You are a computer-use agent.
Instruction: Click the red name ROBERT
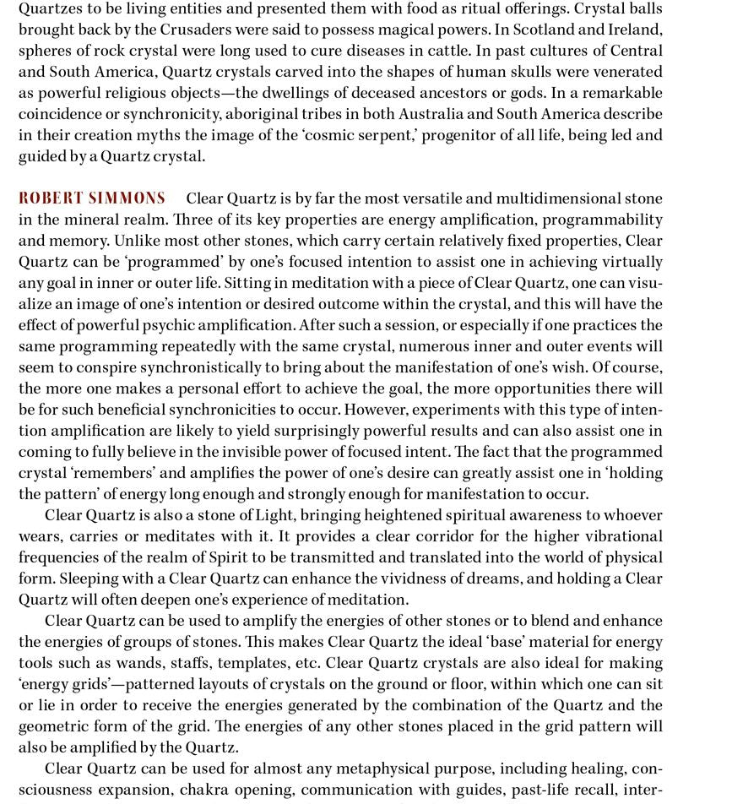(x=50, y=198)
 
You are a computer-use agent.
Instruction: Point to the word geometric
(x=56, y=726)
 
